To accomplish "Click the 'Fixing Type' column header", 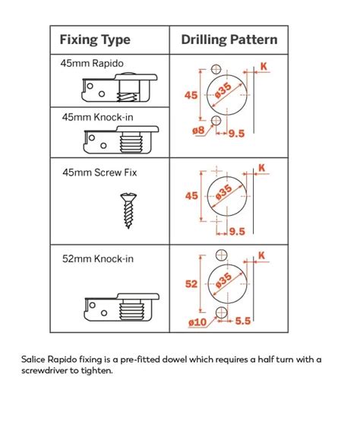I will (95, 40).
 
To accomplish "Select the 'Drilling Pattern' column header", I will (229, 40).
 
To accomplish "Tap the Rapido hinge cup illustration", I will (119, 90).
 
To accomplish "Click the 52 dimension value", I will (191, 283).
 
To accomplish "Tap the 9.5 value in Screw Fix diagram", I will (236, 232).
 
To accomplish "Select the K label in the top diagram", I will (264, 67).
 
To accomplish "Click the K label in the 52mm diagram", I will (261, 255).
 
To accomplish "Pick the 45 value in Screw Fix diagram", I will (191, 196).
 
